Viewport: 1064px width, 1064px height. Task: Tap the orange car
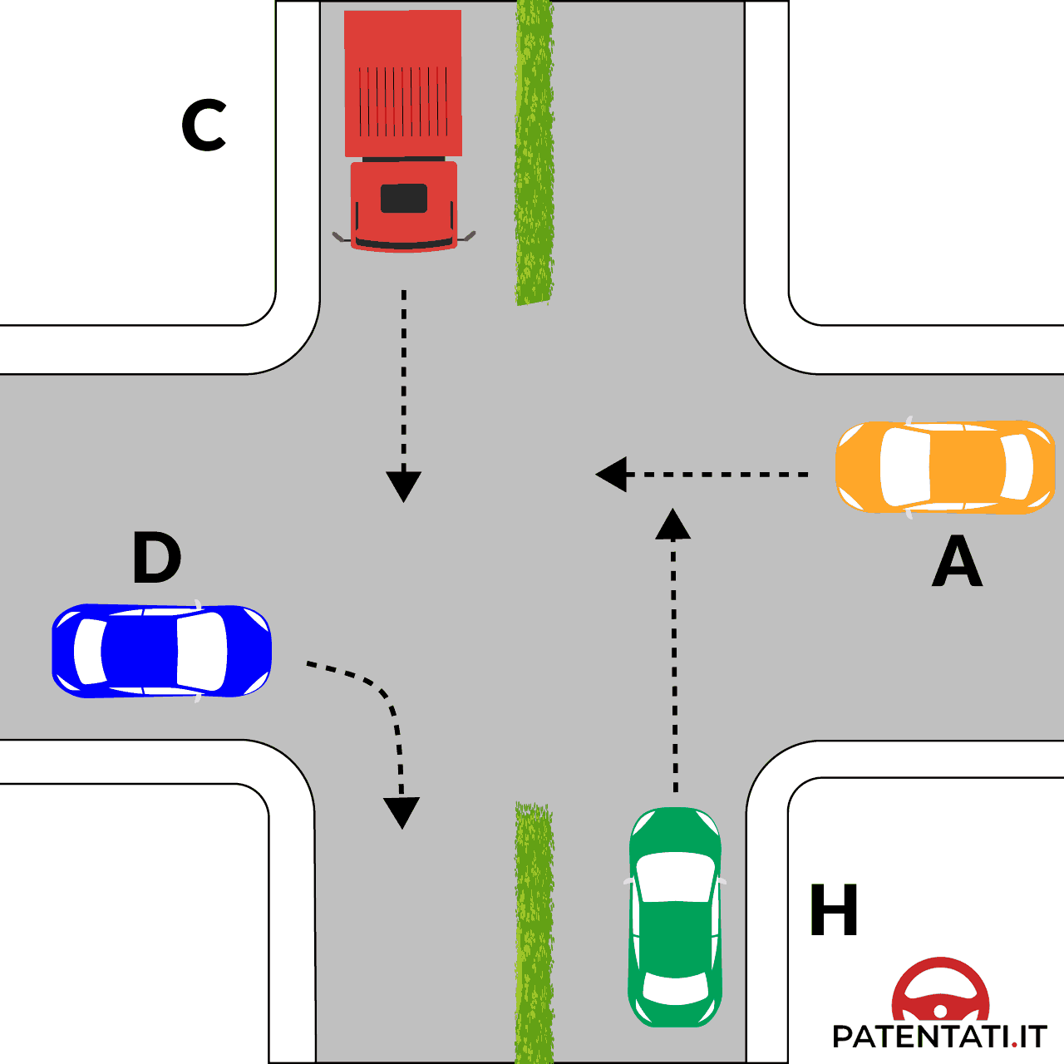point(945,466)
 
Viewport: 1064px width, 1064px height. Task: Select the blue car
point(161,651)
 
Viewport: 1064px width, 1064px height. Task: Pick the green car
point(675,916)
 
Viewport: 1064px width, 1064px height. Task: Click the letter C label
point(204,126)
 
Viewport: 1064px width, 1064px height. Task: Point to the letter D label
point(156,558)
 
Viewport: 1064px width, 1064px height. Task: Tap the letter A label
point(958,561)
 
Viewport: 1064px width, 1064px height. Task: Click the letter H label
point(834,909)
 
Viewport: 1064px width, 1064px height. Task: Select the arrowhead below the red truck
point(404,485)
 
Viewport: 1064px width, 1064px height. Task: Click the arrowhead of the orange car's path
point(612,475)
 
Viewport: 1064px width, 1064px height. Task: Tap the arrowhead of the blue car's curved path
point(401,811)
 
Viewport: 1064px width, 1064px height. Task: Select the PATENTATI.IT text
point(939,1037)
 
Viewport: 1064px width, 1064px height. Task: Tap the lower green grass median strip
point(534,931)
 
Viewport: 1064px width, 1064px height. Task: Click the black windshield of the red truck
point(404,199)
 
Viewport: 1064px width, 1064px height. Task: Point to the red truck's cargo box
point(403,83)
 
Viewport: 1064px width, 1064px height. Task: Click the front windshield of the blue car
point(202,651)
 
